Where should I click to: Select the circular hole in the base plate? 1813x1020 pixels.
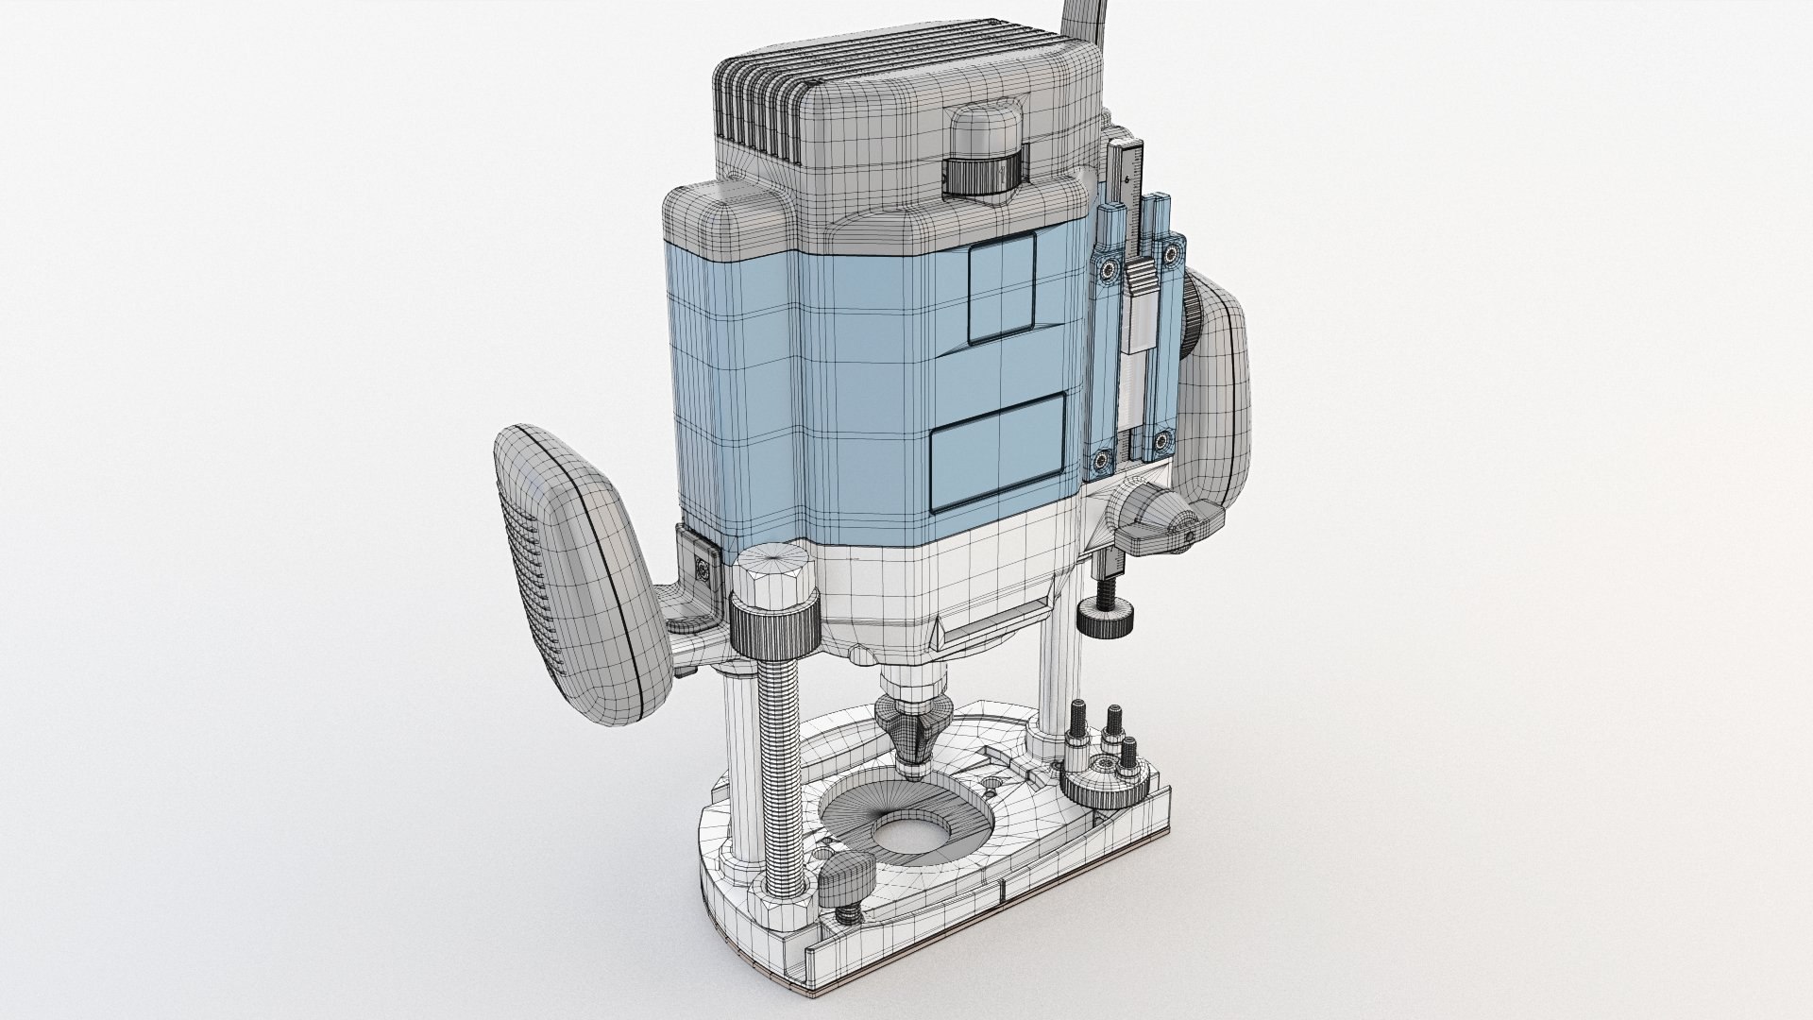[905, 813]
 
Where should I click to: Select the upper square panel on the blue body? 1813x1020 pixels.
[1002, 285]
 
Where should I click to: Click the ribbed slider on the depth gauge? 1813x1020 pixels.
[1140, 283]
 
